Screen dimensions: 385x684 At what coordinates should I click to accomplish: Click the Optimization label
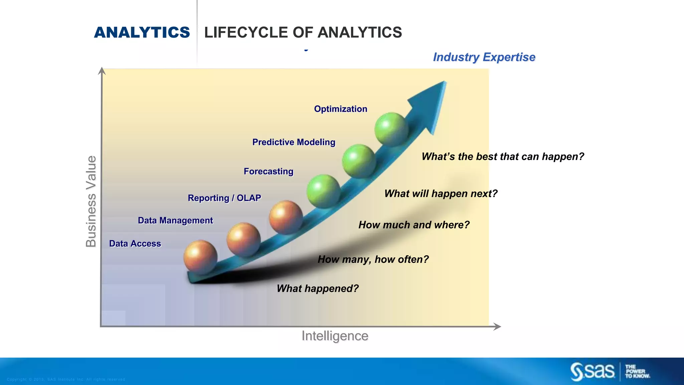coord(340,109)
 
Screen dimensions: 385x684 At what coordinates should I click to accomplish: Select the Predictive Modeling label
coord(294,142)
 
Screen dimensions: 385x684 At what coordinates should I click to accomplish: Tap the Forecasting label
coord(268,171)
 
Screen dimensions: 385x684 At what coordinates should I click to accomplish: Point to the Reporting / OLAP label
coord(224,198)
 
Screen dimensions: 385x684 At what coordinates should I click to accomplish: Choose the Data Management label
coord(175,221)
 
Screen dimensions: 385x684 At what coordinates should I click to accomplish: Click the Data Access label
coord(135,244)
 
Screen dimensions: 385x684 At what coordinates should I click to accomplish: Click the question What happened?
coord(317,288)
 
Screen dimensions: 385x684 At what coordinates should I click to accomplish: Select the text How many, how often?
coord(373,259)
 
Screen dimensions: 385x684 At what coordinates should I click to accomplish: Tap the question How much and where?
coord(414,225)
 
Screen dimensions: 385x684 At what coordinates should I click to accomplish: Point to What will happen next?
coord(441,194)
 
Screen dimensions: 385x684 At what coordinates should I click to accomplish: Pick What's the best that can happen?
coord(502,156)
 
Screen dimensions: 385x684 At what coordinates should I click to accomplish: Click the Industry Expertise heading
coord(484,57)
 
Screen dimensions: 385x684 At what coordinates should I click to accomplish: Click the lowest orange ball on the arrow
coord(200,257)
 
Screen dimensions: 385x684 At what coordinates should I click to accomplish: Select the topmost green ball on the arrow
coord(391,129)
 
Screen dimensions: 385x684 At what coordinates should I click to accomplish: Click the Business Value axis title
coord(91,201)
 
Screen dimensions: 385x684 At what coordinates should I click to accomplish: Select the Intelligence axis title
coord(335,336)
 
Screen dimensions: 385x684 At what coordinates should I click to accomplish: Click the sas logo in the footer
coord(592,372)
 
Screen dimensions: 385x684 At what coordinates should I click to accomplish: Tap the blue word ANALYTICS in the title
coord(142,32)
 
